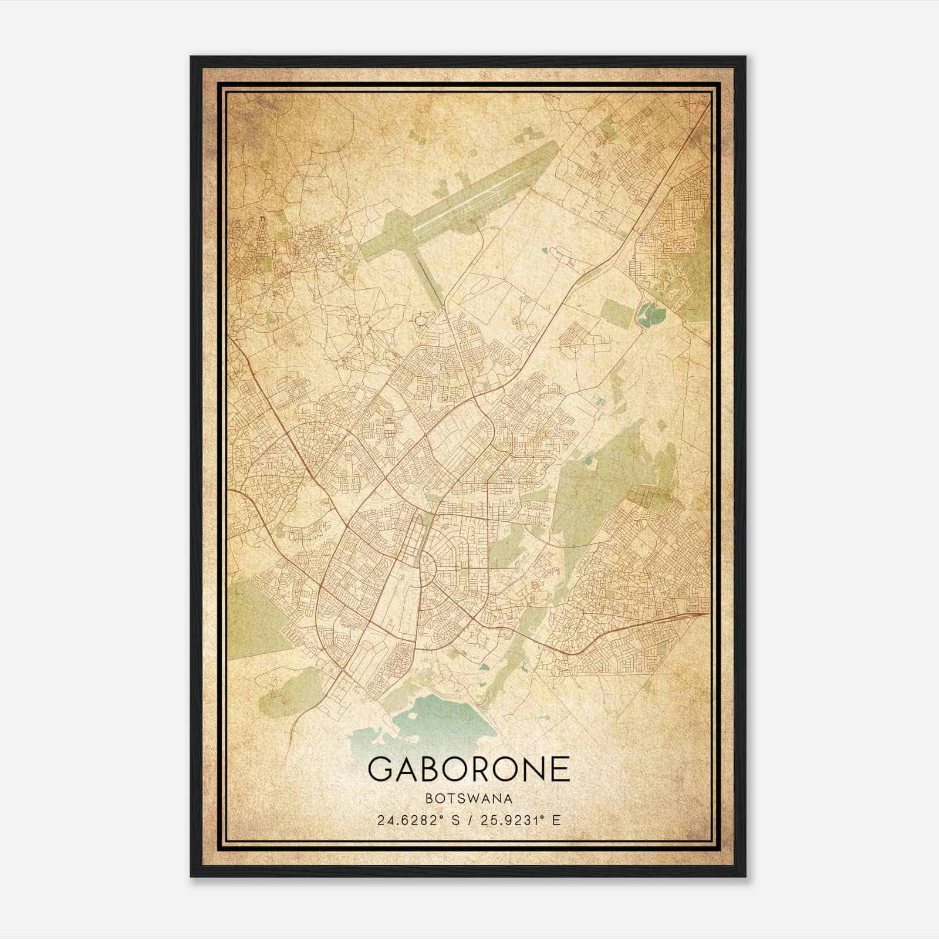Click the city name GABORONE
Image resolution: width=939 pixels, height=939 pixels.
(x=469, y=768)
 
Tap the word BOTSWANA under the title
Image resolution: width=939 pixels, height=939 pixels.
(x=469, y=799)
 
